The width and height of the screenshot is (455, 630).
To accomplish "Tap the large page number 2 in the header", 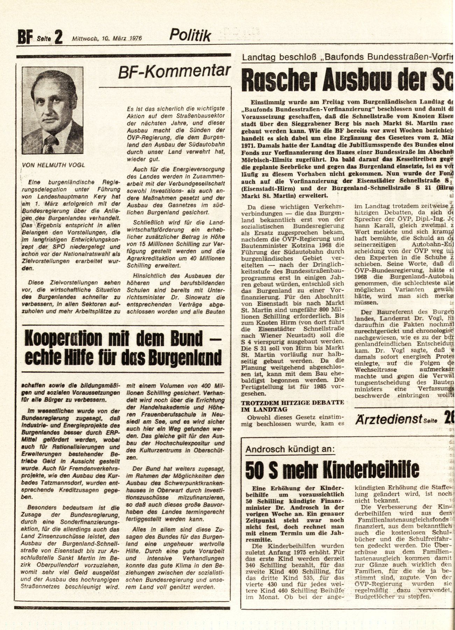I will tap(58, 37).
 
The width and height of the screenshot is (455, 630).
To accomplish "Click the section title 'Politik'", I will tap(190, 35).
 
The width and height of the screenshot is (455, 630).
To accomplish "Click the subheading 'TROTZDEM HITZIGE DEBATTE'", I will tap(296, 402).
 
